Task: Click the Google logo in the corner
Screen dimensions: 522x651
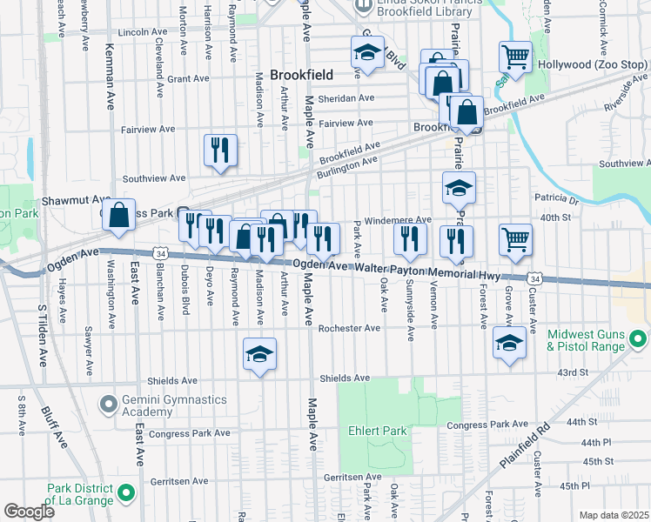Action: [30, 512]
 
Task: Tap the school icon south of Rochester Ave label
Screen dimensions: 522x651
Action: [259, 355]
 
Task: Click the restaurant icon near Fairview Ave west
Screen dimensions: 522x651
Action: [220, 149]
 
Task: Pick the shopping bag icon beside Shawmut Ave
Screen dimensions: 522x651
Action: [118, 215]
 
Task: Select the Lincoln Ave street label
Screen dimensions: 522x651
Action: [147, 32]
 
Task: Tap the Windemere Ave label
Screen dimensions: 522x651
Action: [398, 220]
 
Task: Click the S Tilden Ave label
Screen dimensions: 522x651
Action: [41, 334]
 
